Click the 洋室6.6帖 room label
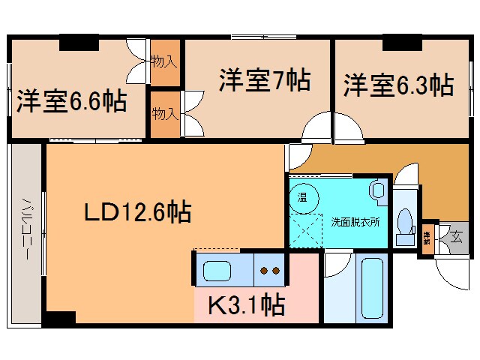tap(70, 101)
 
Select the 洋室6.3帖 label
tap(398, 85)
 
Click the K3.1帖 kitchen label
tap(245, 305)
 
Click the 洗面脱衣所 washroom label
tap(355, 222)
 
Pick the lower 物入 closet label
tap(165, 113)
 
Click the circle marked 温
tap(304, 198)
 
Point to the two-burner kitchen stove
tap(269, 270)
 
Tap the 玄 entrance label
tap(455, 238)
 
